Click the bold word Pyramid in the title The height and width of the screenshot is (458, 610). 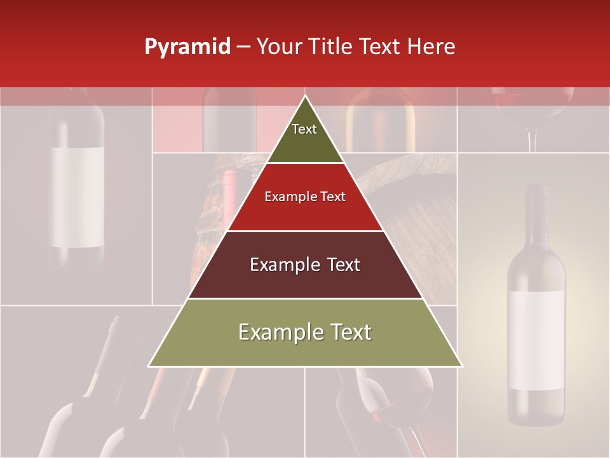187,47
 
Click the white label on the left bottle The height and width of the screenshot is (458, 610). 77,197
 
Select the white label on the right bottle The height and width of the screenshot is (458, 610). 536,340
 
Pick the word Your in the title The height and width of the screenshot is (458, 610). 280,47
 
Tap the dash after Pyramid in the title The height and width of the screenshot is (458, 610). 243,47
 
